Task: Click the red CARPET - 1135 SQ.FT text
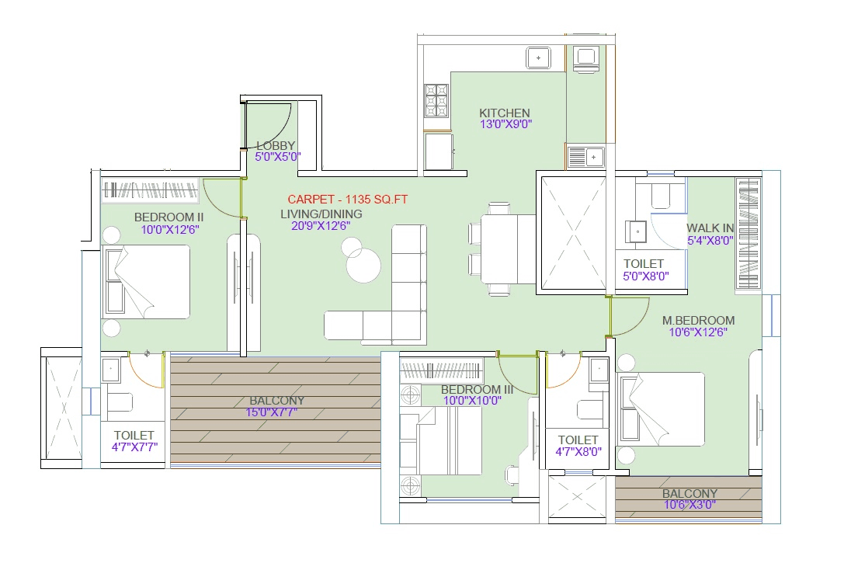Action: (x=347, y=200)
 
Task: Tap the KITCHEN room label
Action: (x=504, y=113)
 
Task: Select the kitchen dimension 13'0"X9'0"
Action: (x=505, y=124)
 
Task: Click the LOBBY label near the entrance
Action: (x=276, y=145)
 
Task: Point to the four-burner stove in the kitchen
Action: (x=436, y=100)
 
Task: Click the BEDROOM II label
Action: (x=168, y=217)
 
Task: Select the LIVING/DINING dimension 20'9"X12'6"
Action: (x=321, y=226)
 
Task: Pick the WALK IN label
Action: (x=710, y=228)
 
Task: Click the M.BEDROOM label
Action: (x=698, y=320)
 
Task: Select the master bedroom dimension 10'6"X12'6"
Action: (x=698, y=332)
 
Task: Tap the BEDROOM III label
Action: (x=477, y=389)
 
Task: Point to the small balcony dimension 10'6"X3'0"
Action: (x=689, y=505)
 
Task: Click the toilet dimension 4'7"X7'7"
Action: (x=134, y=447)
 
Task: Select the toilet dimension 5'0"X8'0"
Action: (x=646, y=276)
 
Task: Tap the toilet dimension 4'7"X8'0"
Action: (x=578, y=452)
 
